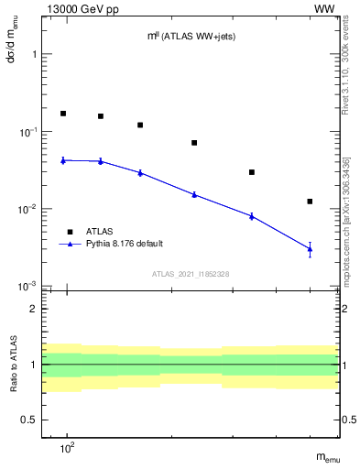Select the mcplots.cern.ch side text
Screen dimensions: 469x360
click(345, 211)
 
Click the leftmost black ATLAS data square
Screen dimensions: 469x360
click(63, 114)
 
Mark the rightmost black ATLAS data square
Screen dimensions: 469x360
click(310, 202)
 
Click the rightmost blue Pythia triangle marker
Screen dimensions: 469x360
click(310, 249)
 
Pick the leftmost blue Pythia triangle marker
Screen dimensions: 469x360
click(63, 160)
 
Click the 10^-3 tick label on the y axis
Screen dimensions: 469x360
click(28, 287)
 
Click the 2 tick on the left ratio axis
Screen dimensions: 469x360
click(34, 309)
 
